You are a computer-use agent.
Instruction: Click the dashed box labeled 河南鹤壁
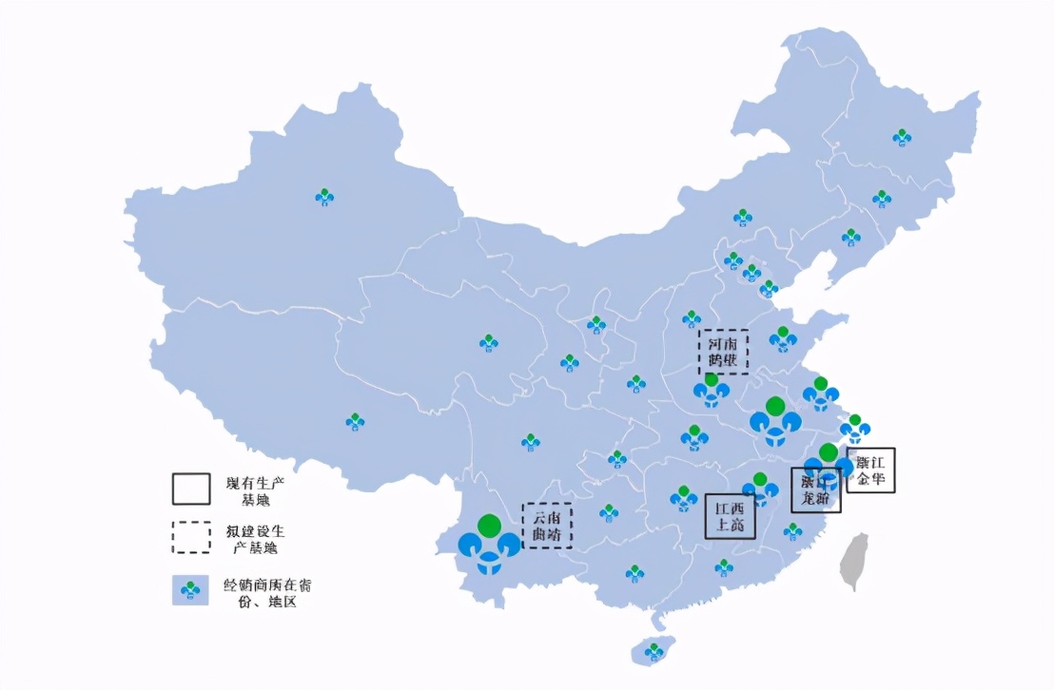click(723, 352)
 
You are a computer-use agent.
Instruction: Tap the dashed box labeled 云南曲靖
click(547, 526)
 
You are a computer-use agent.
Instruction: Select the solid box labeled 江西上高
click(730, 516)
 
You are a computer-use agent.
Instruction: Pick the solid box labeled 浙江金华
click(870, 470)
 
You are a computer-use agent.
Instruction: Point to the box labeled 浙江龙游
click(815, 490)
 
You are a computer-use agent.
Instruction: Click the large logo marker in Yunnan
click(489, 546)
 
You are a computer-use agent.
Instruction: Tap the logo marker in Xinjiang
click(324, 197)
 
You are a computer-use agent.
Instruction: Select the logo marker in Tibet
click(355, 421)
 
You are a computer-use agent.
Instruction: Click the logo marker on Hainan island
click(654, 652)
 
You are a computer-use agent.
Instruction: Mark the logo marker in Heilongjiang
click(902, 138)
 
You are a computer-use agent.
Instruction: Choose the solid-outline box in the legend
click(191, 489)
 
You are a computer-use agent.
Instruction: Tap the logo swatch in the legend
click(191, 590)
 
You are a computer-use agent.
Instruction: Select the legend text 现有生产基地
click(254, 490)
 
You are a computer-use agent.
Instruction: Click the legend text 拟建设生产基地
click(254, 539)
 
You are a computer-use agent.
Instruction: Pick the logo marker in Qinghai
click(489, 342)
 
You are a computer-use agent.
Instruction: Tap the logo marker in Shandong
click(783, 338)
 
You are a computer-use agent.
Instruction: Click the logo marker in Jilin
click(882, 199)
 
